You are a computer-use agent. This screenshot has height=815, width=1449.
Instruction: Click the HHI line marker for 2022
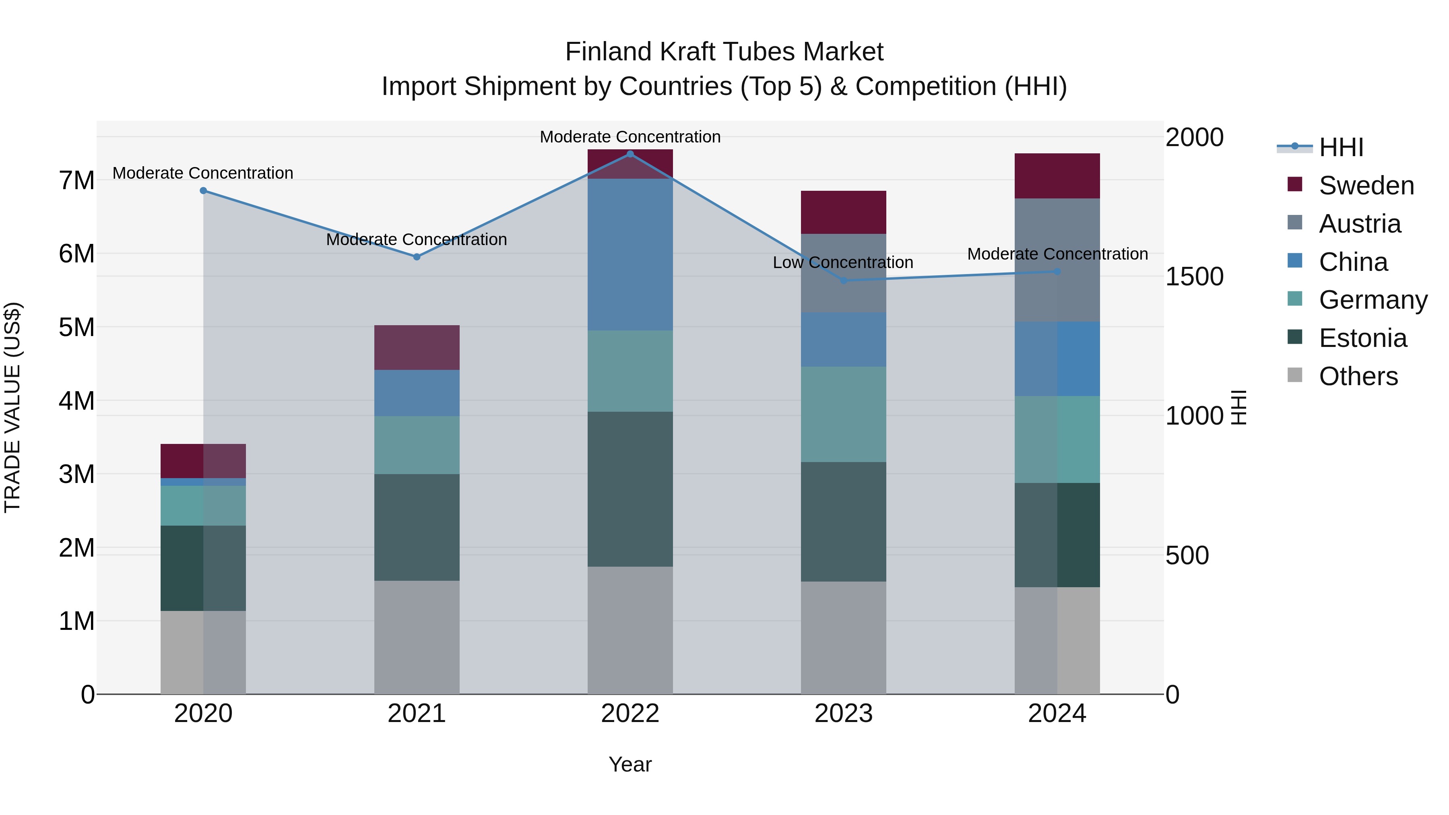(630, 154)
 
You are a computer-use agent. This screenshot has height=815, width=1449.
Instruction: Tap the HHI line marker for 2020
(203, 191)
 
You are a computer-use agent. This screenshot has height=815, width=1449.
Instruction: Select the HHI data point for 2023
(843, 280)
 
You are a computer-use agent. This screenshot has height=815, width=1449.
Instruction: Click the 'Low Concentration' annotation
(842, 263)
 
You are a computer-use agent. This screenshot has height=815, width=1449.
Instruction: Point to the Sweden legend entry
(1366, 186)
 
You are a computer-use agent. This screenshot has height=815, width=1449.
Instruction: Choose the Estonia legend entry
(1362, 338)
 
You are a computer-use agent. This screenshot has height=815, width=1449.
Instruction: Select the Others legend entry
(1358, 376)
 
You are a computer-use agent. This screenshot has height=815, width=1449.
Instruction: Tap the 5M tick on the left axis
(76, 327)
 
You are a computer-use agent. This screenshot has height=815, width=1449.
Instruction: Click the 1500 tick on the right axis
(1194, 277)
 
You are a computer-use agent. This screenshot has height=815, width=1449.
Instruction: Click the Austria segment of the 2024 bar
(1057, 260)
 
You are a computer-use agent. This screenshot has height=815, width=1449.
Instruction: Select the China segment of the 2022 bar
(630, 254)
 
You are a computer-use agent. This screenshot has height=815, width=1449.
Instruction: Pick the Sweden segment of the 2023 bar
(843, 212)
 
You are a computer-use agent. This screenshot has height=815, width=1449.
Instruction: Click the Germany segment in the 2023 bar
(843, 415)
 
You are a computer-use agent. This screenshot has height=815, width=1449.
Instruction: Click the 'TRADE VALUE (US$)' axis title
(12, 407)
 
